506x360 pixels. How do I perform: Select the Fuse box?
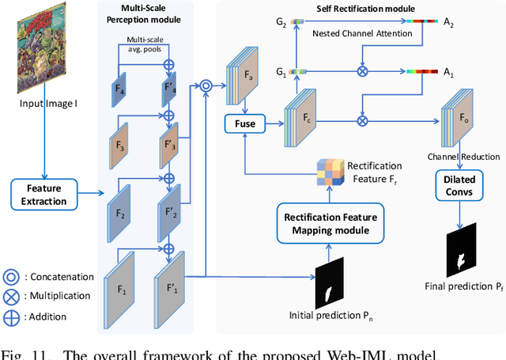[x=245, y=123]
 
